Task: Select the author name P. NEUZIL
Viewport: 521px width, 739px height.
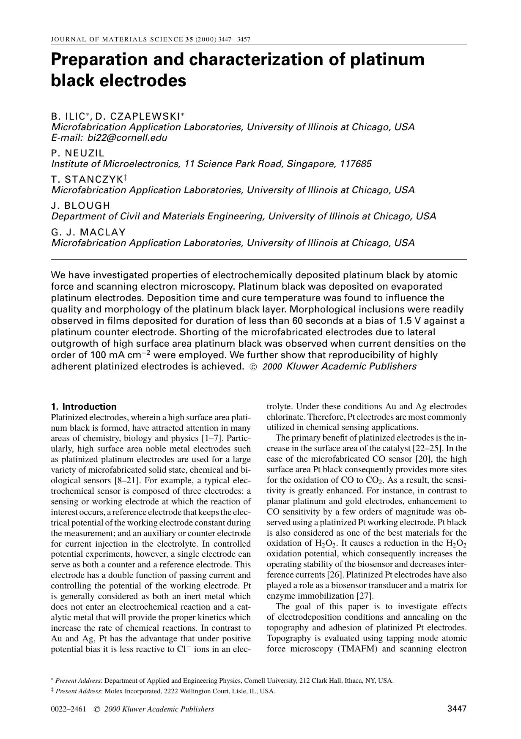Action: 77,153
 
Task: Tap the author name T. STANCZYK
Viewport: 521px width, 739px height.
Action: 87,180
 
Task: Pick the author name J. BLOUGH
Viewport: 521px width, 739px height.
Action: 80,206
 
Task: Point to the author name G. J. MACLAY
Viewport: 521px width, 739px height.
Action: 88,232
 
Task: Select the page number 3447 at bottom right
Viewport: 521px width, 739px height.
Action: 457,709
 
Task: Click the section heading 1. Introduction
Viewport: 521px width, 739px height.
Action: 83,407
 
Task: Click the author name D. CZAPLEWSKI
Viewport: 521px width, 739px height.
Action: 137,116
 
